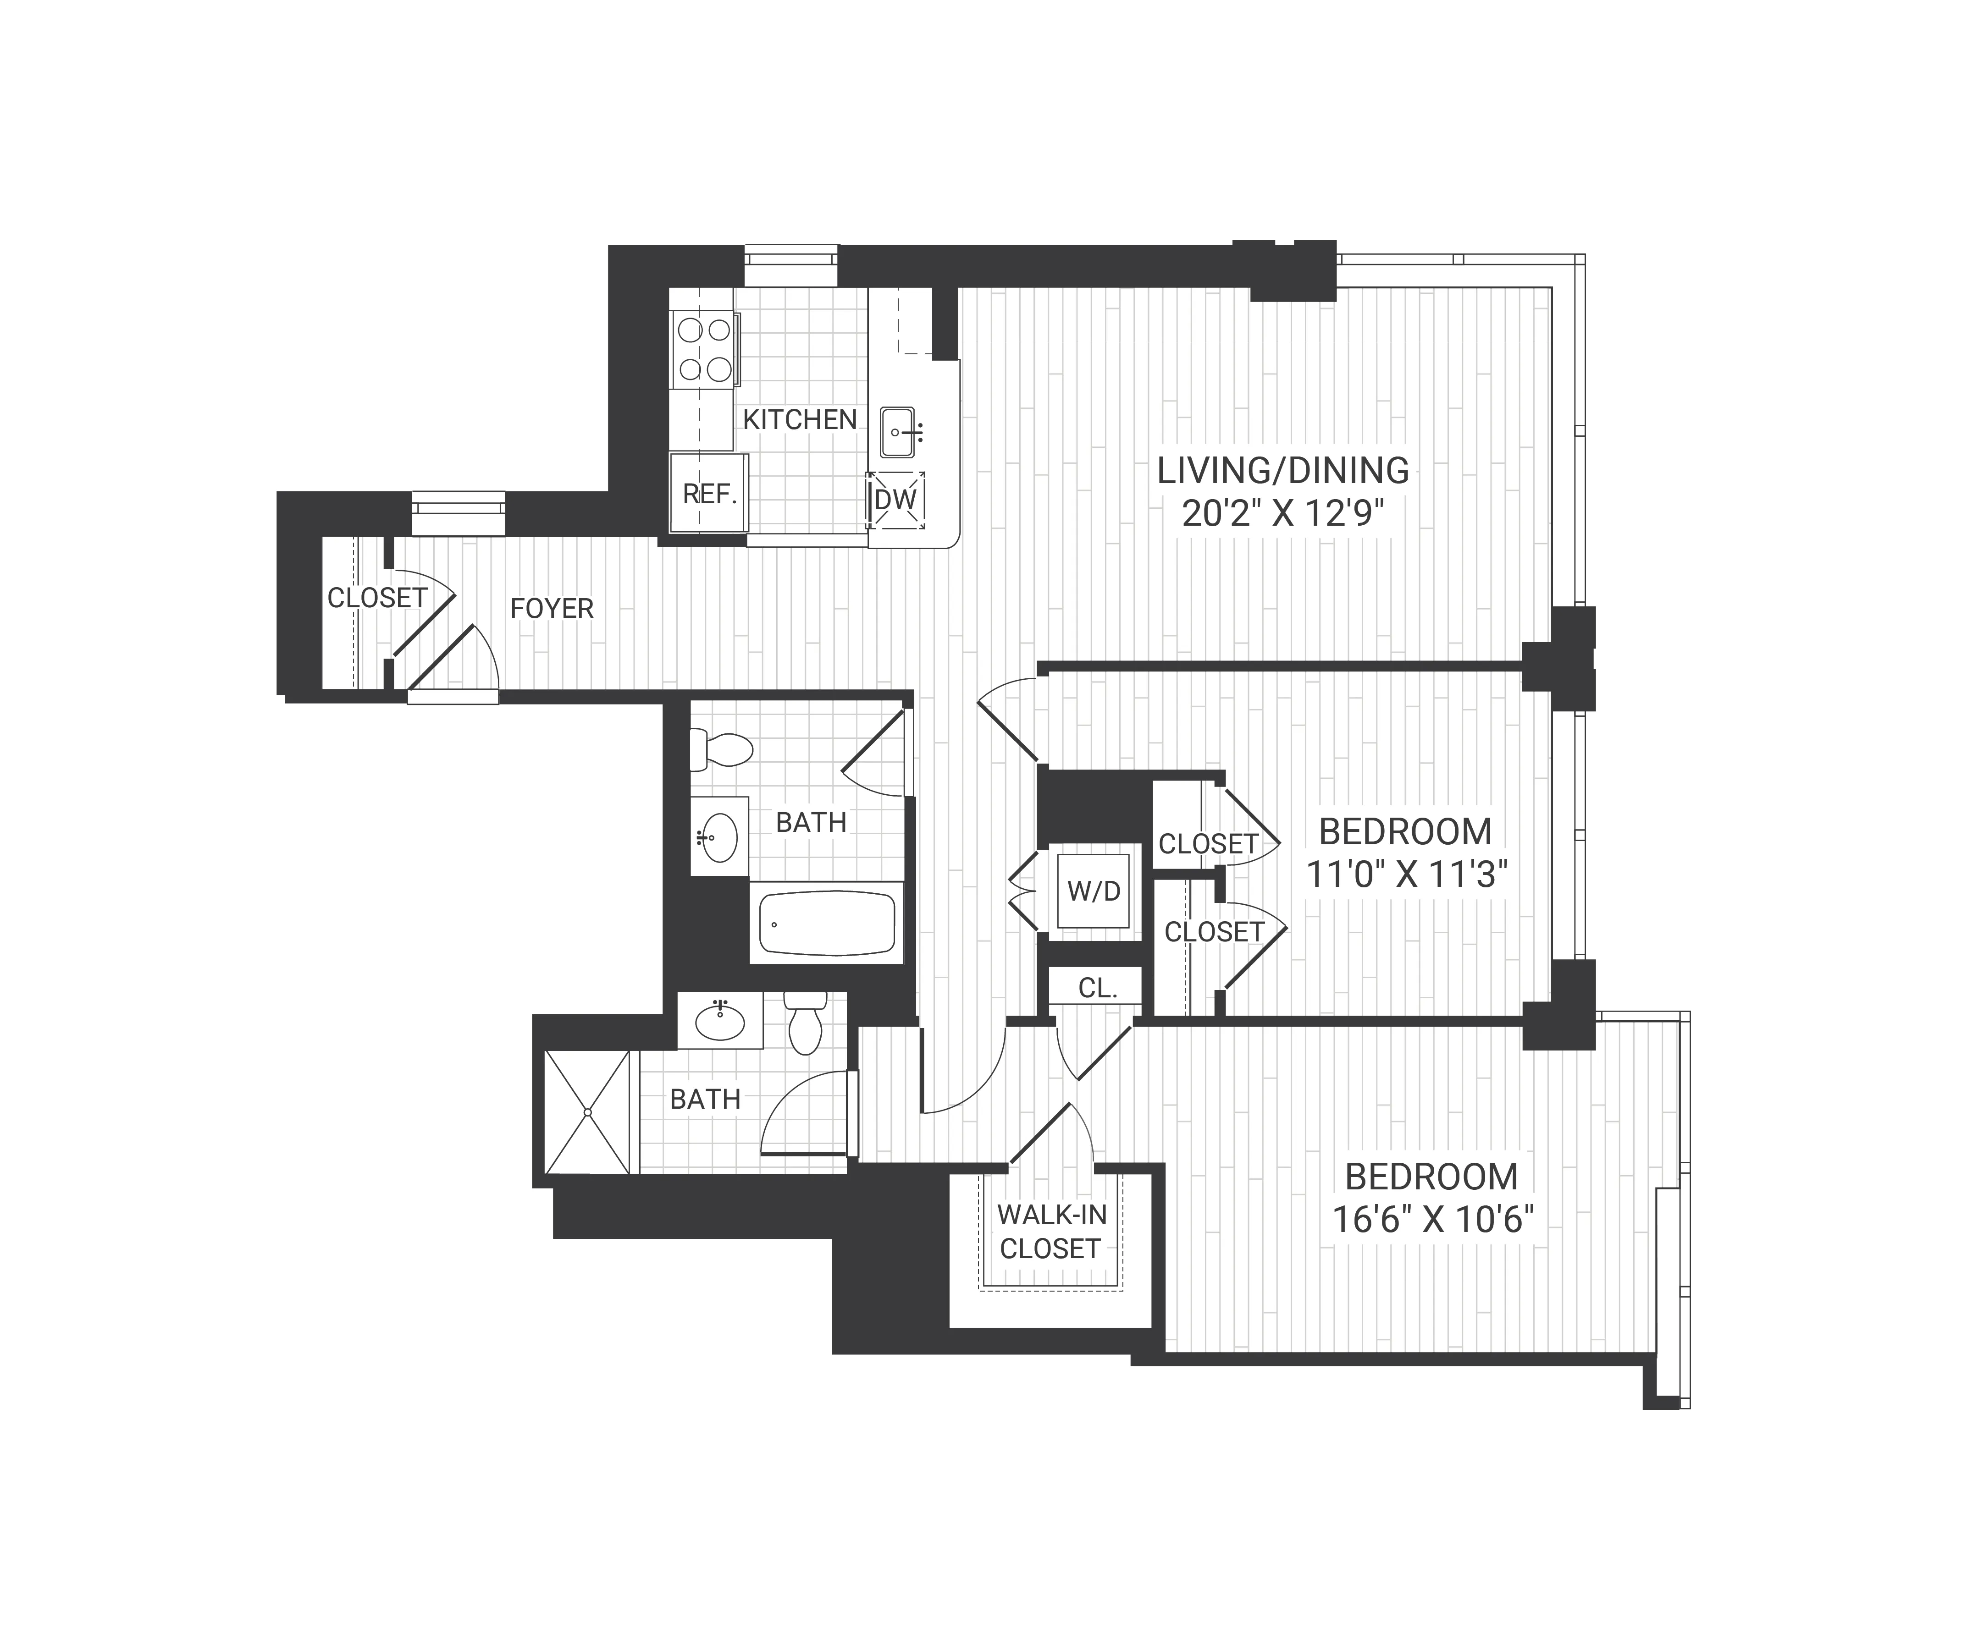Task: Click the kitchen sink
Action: point(896,433)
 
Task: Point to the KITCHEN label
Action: point(799,419)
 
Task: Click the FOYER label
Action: point(552,609)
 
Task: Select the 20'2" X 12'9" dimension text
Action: point(1282,514)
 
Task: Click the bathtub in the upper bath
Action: point(826,924)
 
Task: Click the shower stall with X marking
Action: point(587,1111)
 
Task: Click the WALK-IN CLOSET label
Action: point(1051,1232)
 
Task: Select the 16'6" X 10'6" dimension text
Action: point(1432,1219)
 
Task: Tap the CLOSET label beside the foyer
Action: point(376,598)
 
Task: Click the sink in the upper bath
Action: point(718,836)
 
